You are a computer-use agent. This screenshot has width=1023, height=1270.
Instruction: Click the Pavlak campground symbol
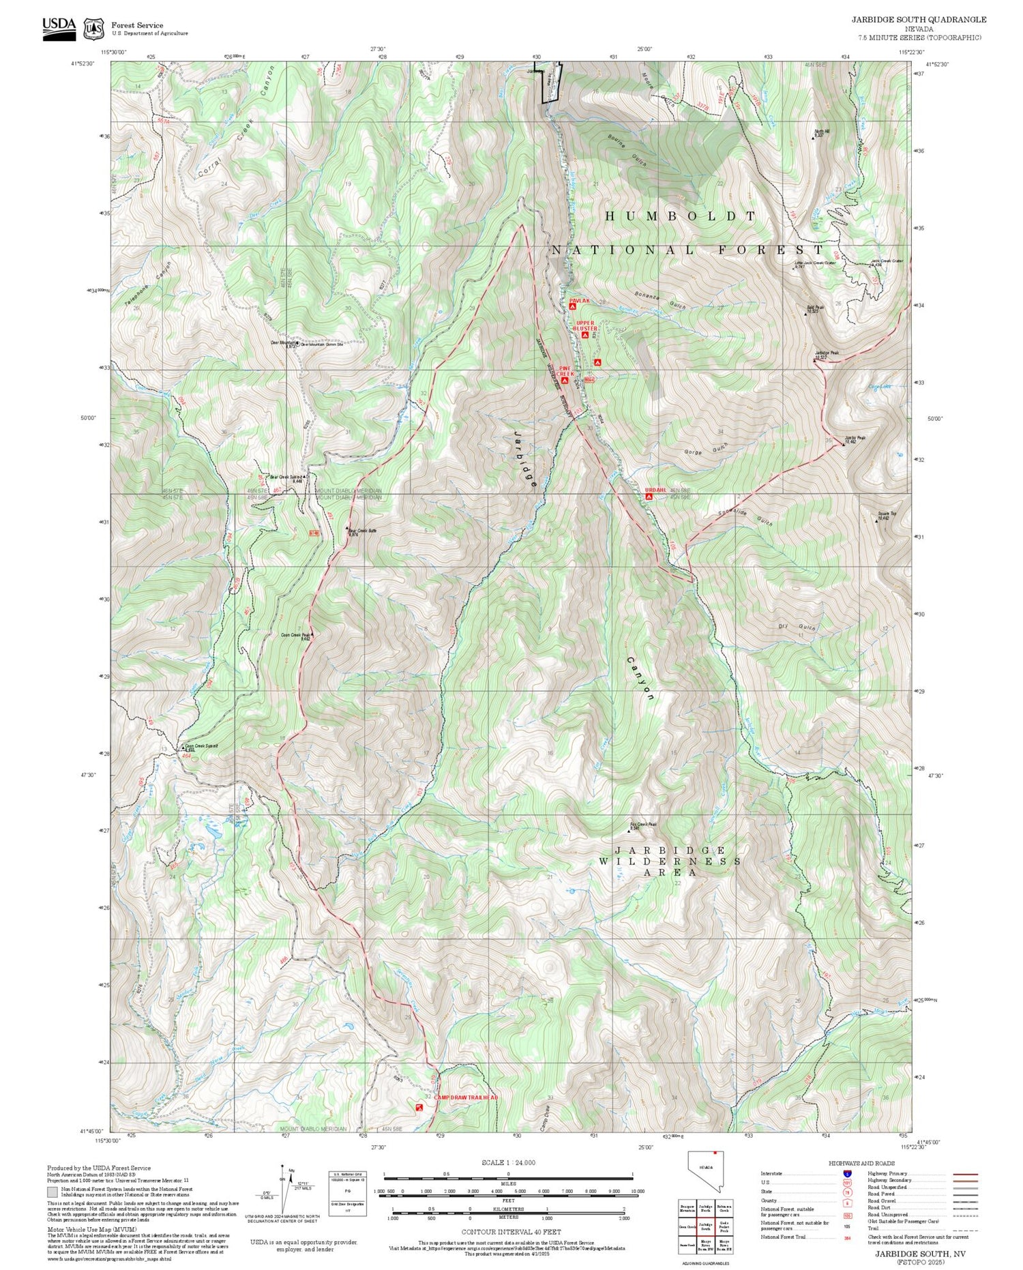(573, 307)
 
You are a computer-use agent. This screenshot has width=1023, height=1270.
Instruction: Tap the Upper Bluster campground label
(585, 325)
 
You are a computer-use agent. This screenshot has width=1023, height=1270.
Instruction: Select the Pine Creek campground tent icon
(565, 381)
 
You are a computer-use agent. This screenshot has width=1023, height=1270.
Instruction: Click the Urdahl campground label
(656, 490)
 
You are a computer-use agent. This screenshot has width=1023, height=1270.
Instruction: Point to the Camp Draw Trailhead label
(466, 1097)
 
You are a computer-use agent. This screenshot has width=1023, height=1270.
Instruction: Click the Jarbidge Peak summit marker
(816, 360)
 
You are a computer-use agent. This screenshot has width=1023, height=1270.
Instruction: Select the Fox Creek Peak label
(644, 825)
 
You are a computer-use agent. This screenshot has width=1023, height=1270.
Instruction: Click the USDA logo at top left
(59, 27)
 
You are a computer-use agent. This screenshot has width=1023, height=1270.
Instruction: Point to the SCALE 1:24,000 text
(508, 1162)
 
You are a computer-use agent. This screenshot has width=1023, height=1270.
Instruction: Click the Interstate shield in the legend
(847, 1173)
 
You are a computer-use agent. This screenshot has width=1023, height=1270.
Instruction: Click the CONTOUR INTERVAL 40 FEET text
(511, 1232)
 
